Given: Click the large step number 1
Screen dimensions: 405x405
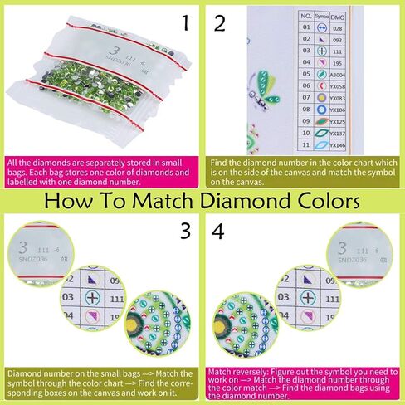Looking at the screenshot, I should [x=186, y=22].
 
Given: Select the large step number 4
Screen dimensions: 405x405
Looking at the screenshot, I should [x=220, y=232].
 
